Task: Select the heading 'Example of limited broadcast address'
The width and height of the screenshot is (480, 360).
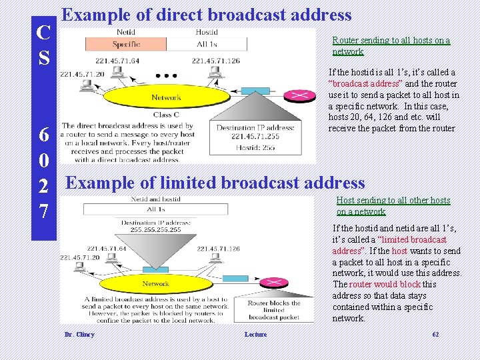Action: [215, 183]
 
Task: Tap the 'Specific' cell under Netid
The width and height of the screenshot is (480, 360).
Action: [126, 45]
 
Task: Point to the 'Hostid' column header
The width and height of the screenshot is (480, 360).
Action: [207, 32]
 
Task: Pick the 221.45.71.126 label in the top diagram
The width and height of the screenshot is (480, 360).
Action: [215, 61]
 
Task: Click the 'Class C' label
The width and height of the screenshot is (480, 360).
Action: [166, 115]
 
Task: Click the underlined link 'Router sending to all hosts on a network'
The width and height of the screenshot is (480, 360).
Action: [391, 46]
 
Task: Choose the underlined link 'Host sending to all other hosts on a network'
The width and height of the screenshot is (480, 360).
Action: [393, 206]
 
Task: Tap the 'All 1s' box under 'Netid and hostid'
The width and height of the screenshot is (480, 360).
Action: [156, 209]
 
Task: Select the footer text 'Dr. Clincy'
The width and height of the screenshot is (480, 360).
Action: [79, 335]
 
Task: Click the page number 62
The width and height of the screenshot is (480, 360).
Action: [436, 334]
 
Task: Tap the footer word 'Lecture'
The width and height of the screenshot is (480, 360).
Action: [255, 335]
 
